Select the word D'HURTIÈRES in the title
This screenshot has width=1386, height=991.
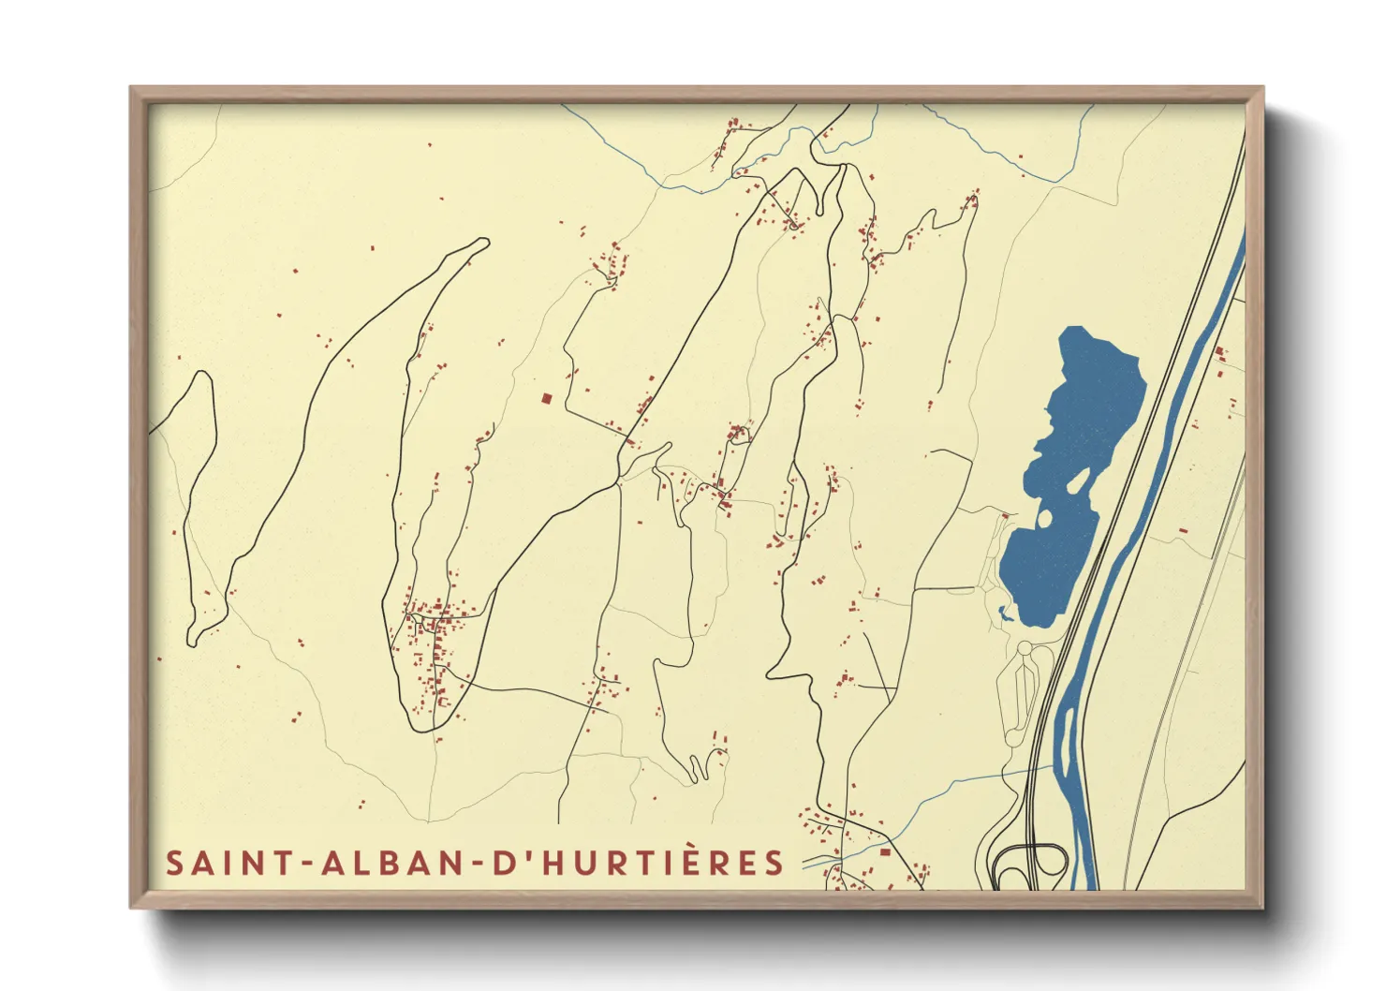point(637,863)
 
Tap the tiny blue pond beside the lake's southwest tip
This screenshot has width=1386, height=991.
point(1004,614)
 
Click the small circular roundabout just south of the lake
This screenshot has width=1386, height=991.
point(1024,648)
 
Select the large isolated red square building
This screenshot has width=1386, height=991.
point(546,399)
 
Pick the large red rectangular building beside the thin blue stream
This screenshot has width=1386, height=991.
point(884,851)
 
